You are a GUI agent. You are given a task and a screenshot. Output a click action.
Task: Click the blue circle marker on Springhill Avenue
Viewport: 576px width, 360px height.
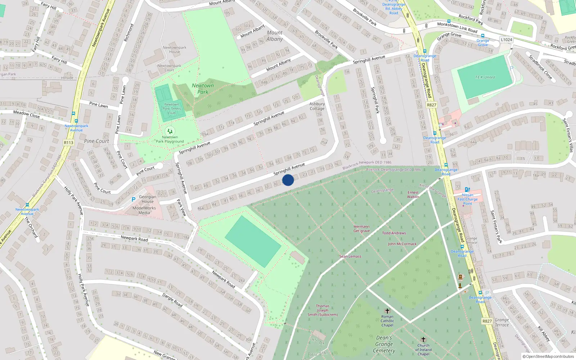pos(288,180)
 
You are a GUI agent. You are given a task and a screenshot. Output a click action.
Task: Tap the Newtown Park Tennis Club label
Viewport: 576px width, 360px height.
pos(172,108)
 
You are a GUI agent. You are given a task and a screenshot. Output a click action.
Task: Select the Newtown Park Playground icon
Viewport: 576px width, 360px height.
pos(170,131)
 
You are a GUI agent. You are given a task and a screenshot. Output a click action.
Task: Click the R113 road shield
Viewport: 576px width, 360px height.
pos(68,143)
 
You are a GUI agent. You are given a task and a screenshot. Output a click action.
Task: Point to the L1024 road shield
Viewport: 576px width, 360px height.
pos(506,40)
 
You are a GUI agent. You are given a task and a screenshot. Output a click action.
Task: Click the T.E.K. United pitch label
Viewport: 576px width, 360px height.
pos(485,77)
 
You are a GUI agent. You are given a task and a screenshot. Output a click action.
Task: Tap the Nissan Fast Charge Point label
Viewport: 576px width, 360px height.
pos(467,199)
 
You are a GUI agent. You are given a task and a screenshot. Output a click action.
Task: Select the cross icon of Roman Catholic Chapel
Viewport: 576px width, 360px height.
pos(387,311)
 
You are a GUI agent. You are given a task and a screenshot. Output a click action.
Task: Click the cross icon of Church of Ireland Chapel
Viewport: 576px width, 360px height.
pos(423,339)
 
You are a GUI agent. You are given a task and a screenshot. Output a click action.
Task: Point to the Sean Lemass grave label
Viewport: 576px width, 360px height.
pos(350,256)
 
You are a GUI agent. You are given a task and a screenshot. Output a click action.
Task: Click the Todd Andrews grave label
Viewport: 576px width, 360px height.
pos(394,233)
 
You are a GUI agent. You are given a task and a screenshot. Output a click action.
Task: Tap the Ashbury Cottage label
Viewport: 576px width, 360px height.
pos(317,106)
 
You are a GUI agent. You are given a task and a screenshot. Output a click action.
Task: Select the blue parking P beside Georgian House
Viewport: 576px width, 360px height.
pos(134,199)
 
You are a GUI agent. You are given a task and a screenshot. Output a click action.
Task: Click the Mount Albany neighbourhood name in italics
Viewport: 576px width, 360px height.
pos(275,36)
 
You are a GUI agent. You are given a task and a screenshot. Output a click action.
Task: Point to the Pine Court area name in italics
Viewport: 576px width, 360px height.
pos(96,141)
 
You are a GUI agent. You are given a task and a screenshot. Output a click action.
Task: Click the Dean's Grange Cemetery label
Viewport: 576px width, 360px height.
pos(384,344)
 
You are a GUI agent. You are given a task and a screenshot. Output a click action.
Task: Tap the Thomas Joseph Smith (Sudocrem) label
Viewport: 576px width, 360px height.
pos(323,310)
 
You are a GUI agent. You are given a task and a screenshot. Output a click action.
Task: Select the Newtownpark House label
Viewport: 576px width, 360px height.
pos(174,49)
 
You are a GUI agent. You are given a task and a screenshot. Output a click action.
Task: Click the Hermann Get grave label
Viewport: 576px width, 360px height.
pos(361,229)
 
